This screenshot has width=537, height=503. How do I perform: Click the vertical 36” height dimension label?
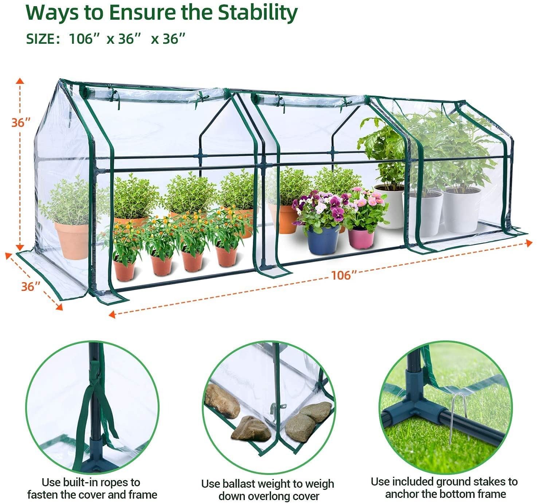(21, 122)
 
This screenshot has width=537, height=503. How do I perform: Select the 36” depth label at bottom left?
(31, 286)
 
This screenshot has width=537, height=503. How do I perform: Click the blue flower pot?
(323, 240)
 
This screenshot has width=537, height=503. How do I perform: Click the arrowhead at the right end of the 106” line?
(529, 243)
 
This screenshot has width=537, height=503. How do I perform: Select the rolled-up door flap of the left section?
(154, 94)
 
